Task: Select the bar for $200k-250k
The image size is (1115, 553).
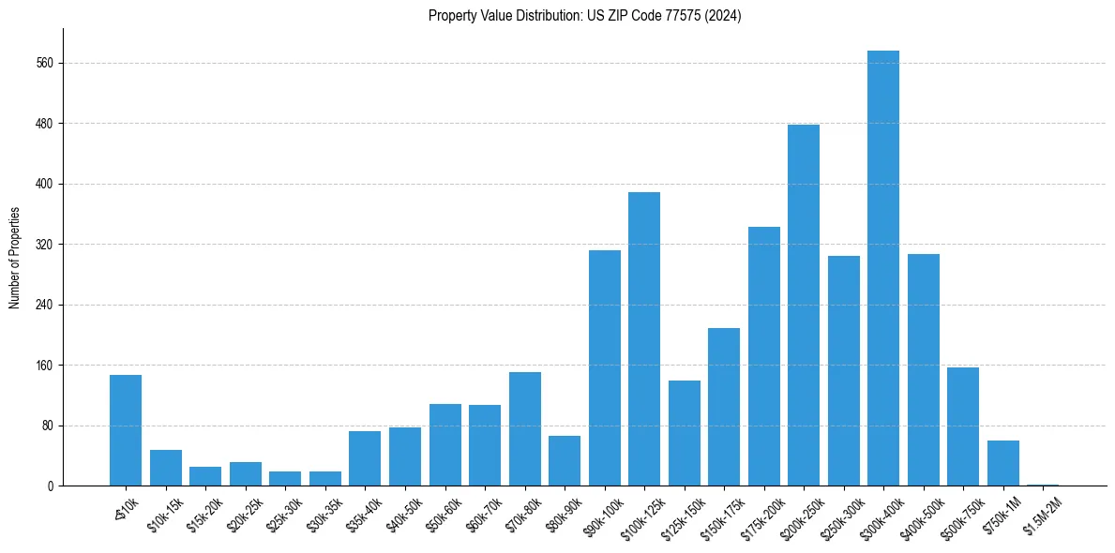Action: (x=803, y=305)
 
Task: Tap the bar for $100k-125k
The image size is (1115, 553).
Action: (x=643, y=338)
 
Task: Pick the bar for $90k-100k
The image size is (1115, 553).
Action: (x=604, y=367)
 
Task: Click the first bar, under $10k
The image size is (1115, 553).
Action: (x=126, y=430)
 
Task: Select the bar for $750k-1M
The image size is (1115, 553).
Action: (x=1002, y=463)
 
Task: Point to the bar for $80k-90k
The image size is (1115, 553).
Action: (x=564, y=460)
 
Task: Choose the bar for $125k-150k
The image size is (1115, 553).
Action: (x=684, y=433)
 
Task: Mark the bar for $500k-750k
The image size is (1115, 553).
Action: (x=962, y=426)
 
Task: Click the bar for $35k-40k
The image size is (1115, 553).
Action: (x=365, y=458)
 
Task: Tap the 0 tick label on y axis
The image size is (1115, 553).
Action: (x=52, y=486)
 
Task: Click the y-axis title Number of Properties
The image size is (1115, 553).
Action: (x=14, y=258)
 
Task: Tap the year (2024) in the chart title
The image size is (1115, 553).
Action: (x=725, y=16)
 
